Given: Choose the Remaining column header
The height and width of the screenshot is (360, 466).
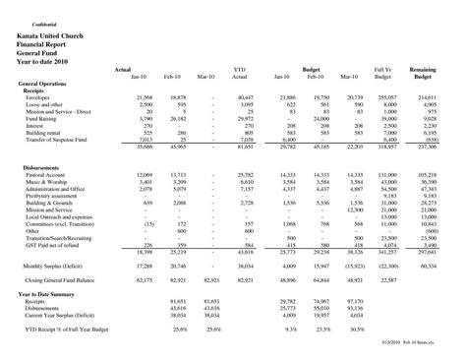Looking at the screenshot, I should (x=426, y=70).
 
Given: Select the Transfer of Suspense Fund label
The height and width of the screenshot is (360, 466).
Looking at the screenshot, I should (x=61, y=140).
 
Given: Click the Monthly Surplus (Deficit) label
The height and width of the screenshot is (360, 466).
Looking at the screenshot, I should (x=58, y=265).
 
